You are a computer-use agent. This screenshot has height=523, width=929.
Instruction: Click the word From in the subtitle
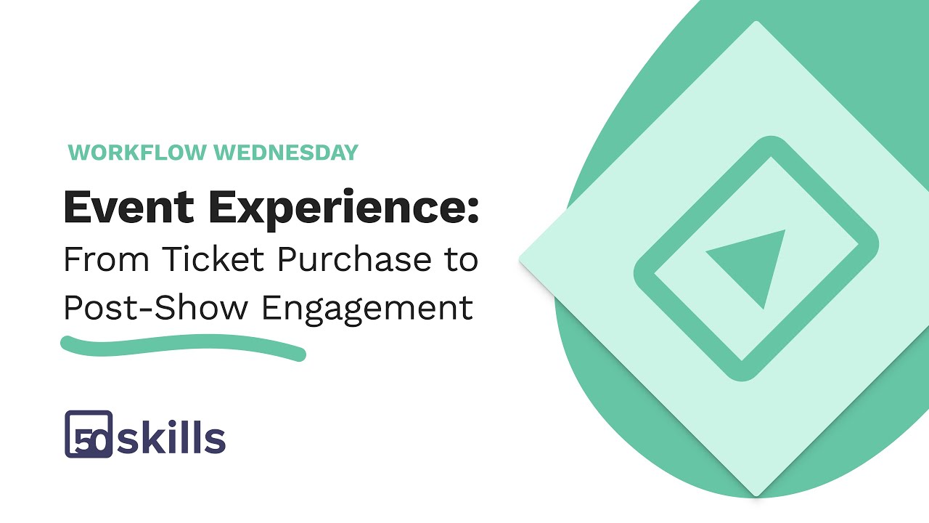pyautogui.click(x=106, y=259)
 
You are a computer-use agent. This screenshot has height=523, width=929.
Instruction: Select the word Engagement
pyautogui.click(x=367, y=309)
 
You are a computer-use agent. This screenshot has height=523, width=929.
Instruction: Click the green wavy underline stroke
pyautogui.click(x=181, y=346)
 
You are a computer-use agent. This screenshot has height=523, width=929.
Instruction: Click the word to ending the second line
pyautogui.click(x=461, y=260)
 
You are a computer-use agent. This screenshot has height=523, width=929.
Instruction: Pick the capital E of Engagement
pyautogui.click(x=270, y=307)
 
